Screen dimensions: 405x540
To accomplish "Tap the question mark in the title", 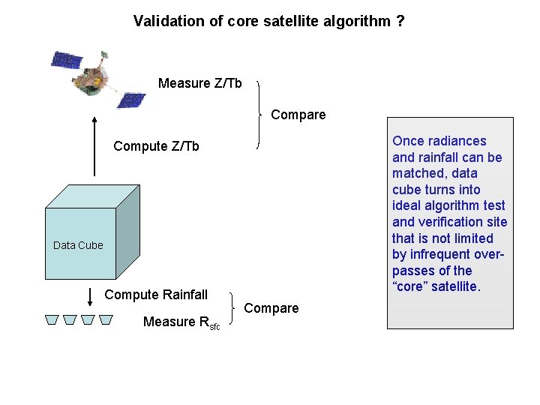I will click(x=400, y=21).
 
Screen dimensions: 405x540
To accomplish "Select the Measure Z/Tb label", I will click(x=199, y=83).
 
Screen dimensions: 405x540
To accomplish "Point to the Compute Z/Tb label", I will click(x=156, y=146).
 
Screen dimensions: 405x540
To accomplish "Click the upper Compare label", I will click(x=298, y=115).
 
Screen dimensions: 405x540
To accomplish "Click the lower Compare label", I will click(x=271, y=308).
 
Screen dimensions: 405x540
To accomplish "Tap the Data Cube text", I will click(x=78, y=245).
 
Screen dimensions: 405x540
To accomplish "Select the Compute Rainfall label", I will click(x=156, y=295).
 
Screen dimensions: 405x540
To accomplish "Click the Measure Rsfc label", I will click(x=181, y=322).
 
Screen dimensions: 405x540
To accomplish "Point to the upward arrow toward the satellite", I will click(x=95, y=145).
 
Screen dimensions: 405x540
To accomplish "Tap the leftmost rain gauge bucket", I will click(x=51, y=320).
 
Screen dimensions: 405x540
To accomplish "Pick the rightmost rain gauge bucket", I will click(x=106, y=320).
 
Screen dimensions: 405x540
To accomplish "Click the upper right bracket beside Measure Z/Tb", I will click(x=259, y=114).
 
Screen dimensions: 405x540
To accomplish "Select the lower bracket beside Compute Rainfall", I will click(x=233, y=308).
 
